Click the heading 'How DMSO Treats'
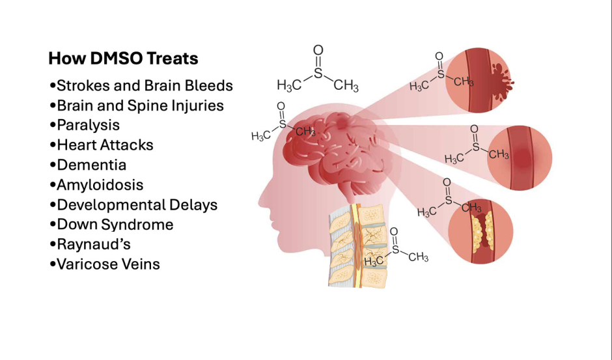coord(123,59)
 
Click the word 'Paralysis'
coord(88,125)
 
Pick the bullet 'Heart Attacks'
coord(105,145)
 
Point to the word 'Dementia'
coord(91,165)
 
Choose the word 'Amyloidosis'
coord(100,185)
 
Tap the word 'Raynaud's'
coord(93,244)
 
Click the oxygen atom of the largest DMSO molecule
coord(318,50)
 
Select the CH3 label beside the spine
coord(418,257)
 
